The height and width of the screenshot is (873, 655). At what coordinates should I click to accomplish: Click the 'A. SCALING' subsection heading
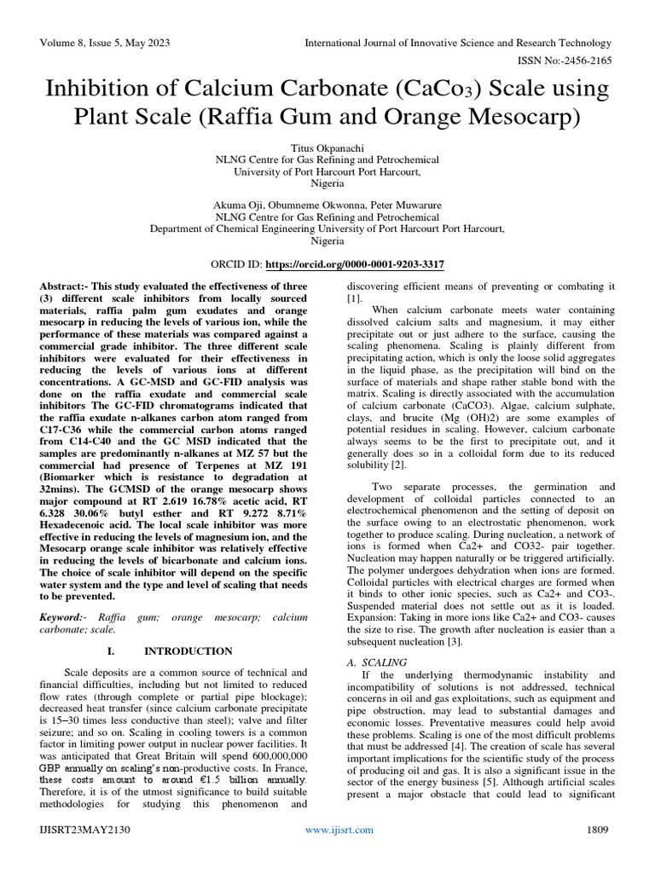point(376,662)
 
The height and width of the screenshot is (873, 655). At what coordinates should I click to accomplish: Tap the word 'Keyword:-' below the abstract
point(66,615)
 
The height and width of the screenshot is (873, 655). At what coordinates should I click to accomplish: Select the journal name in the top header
point(460,43)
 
